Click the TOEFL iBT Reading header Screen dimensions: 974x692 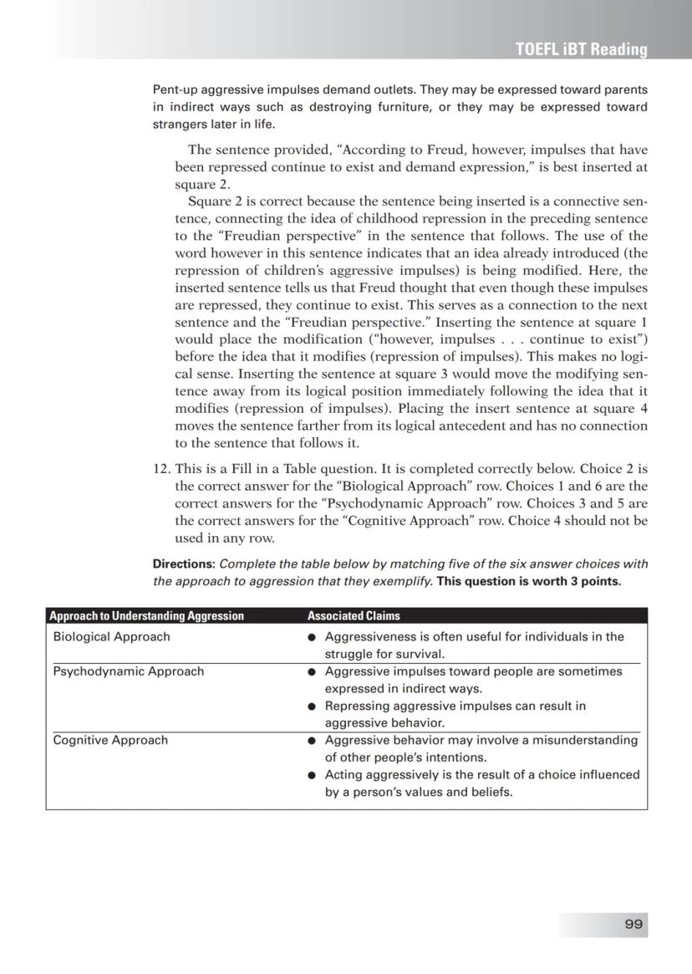click(581, 49)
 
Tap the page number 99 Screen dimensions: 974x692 click(633, 924)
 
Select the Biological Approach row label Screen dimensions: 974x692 click(111, 637)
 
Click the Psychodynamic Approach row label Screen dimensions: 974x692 click(128, 671)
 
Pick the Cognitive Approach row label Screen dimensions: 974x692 click(110, 740)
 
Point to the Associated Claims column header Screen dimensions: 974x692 click(354, 616)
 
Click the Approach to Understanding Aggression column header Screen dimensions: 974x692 click(146, 616)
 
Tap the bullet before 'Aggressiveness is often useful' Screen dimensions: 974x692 click(311, 638)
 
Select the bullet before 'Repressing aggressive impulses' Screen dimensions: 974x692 click(311, 706)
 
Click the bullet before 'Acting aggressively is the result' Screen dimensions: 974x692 click(311, 775)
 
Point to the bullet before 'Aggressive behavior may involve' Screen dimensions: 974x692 click(311, 741)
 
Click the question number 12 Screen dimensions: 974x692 click(161, 469)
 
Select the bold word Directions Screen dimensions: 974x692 click(184, 564)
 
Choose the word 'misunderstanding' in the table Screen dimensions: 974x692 click(588, 740)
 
